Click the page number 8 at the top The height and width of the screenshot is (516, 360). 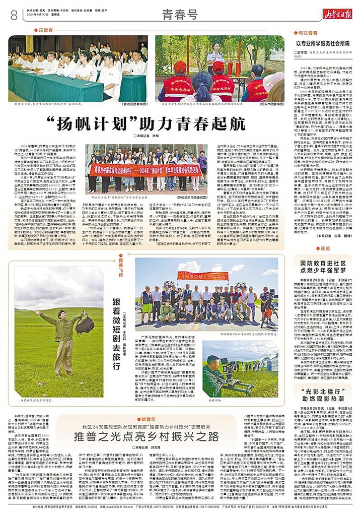tap(14, 16)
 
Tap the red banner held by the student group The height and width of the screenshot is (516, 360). tap(145, 170)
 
